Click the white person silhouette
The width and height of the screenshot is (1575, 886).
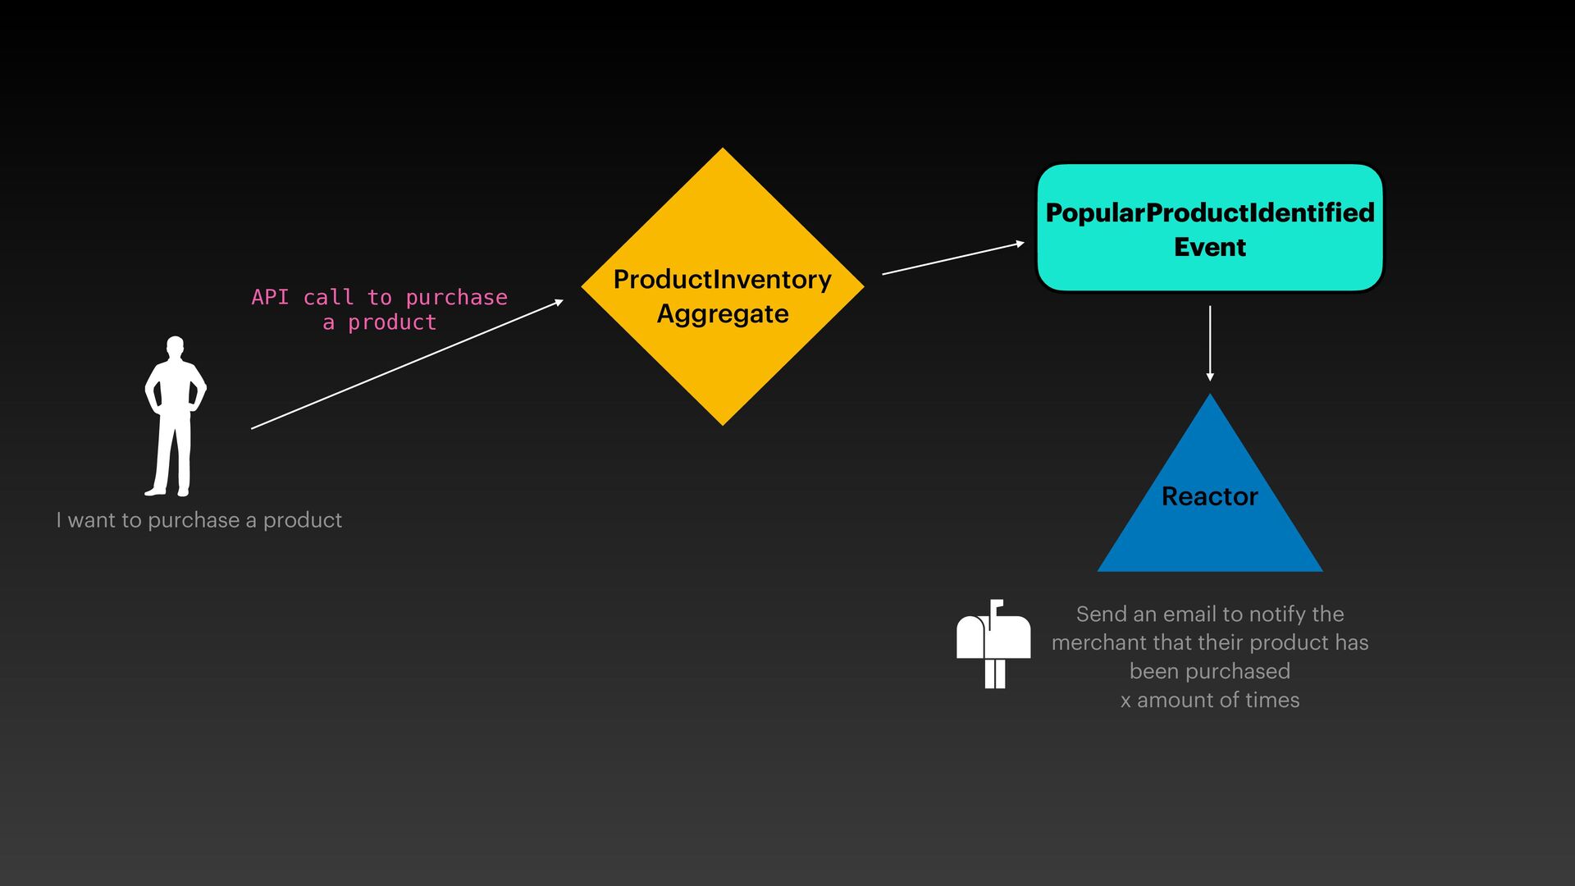[175, 418]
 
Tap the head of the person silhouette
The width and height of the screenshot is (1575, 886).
[175, 345]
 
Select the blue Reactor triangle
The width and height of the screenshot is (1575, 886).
[1210, 533]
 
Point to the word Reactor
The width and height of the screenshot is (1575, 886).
[1210, 496]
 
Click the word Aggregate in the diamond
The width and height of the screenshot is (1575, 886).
[723, 314]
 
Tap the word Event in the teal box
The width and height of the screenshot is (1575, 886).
[1210, 247]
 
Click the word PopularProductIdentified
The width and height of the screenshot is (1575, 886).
[1210, 212]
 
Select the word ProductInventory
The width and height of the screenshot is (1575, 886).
[723, 280]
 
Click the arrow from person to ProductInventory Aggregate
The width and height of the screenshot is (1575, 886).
[407, 364]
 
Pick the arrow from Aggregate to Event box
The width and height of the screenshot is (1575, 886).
[953, 258]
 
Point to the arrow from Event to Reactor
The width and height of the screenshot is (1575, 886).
[1210, 343]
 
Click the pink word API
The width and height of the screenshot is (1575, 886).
[270, 297]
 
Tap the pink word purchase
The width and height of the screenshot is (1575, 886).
[456, 297]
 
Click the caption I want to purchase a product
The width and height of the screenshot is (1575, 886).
[199, 520]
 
